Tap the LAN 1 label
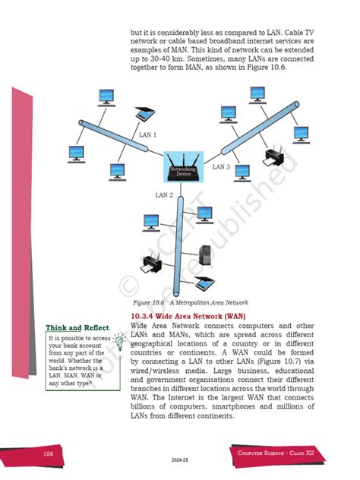click(x=148, y=135)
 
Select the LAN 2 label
click(x=165, y=195)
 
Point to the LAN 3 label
click(x=221, y=166)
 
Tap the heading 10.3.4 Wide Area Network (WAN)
click(x=176, y=315)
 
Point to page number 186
click(x=47, y=454)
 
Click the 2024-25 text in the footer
click(x=180, y=460)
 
